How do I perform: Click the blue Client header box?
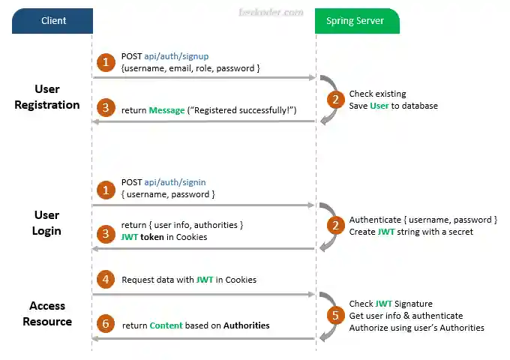click(x=52, y=21)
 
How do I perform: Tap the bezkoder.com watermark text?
click(x=260, y=13)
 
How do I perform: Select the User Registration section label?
click(x=47, y=97)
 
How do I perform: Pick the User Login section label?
click(x=46, y=223)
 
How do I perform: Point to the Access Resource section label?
click(x=47, y=313)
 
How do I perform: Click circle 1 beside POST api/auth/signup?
click(x=106, y=61)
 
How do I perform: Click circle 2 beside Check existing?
click(x=335, y=99)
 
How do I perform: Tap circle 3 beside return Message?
click(x=106, y=109)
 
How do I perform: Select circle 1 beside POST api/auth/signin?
click(x=106, y=187)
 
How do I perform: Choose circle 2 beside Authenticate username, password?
click(x=335, y=225)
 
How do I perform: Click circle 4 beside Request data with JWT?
click(x=106, y=279)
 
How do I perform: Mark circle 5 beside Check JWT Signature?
click(x=335, y=315)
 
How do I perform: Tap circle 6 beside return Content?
click(x=106, y=325)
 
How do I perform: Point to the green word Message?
click(x=166, y=110)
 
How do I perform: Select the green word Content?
click(x=166, y=325)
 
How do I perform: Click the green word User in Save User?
click(x=379, y=106)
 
